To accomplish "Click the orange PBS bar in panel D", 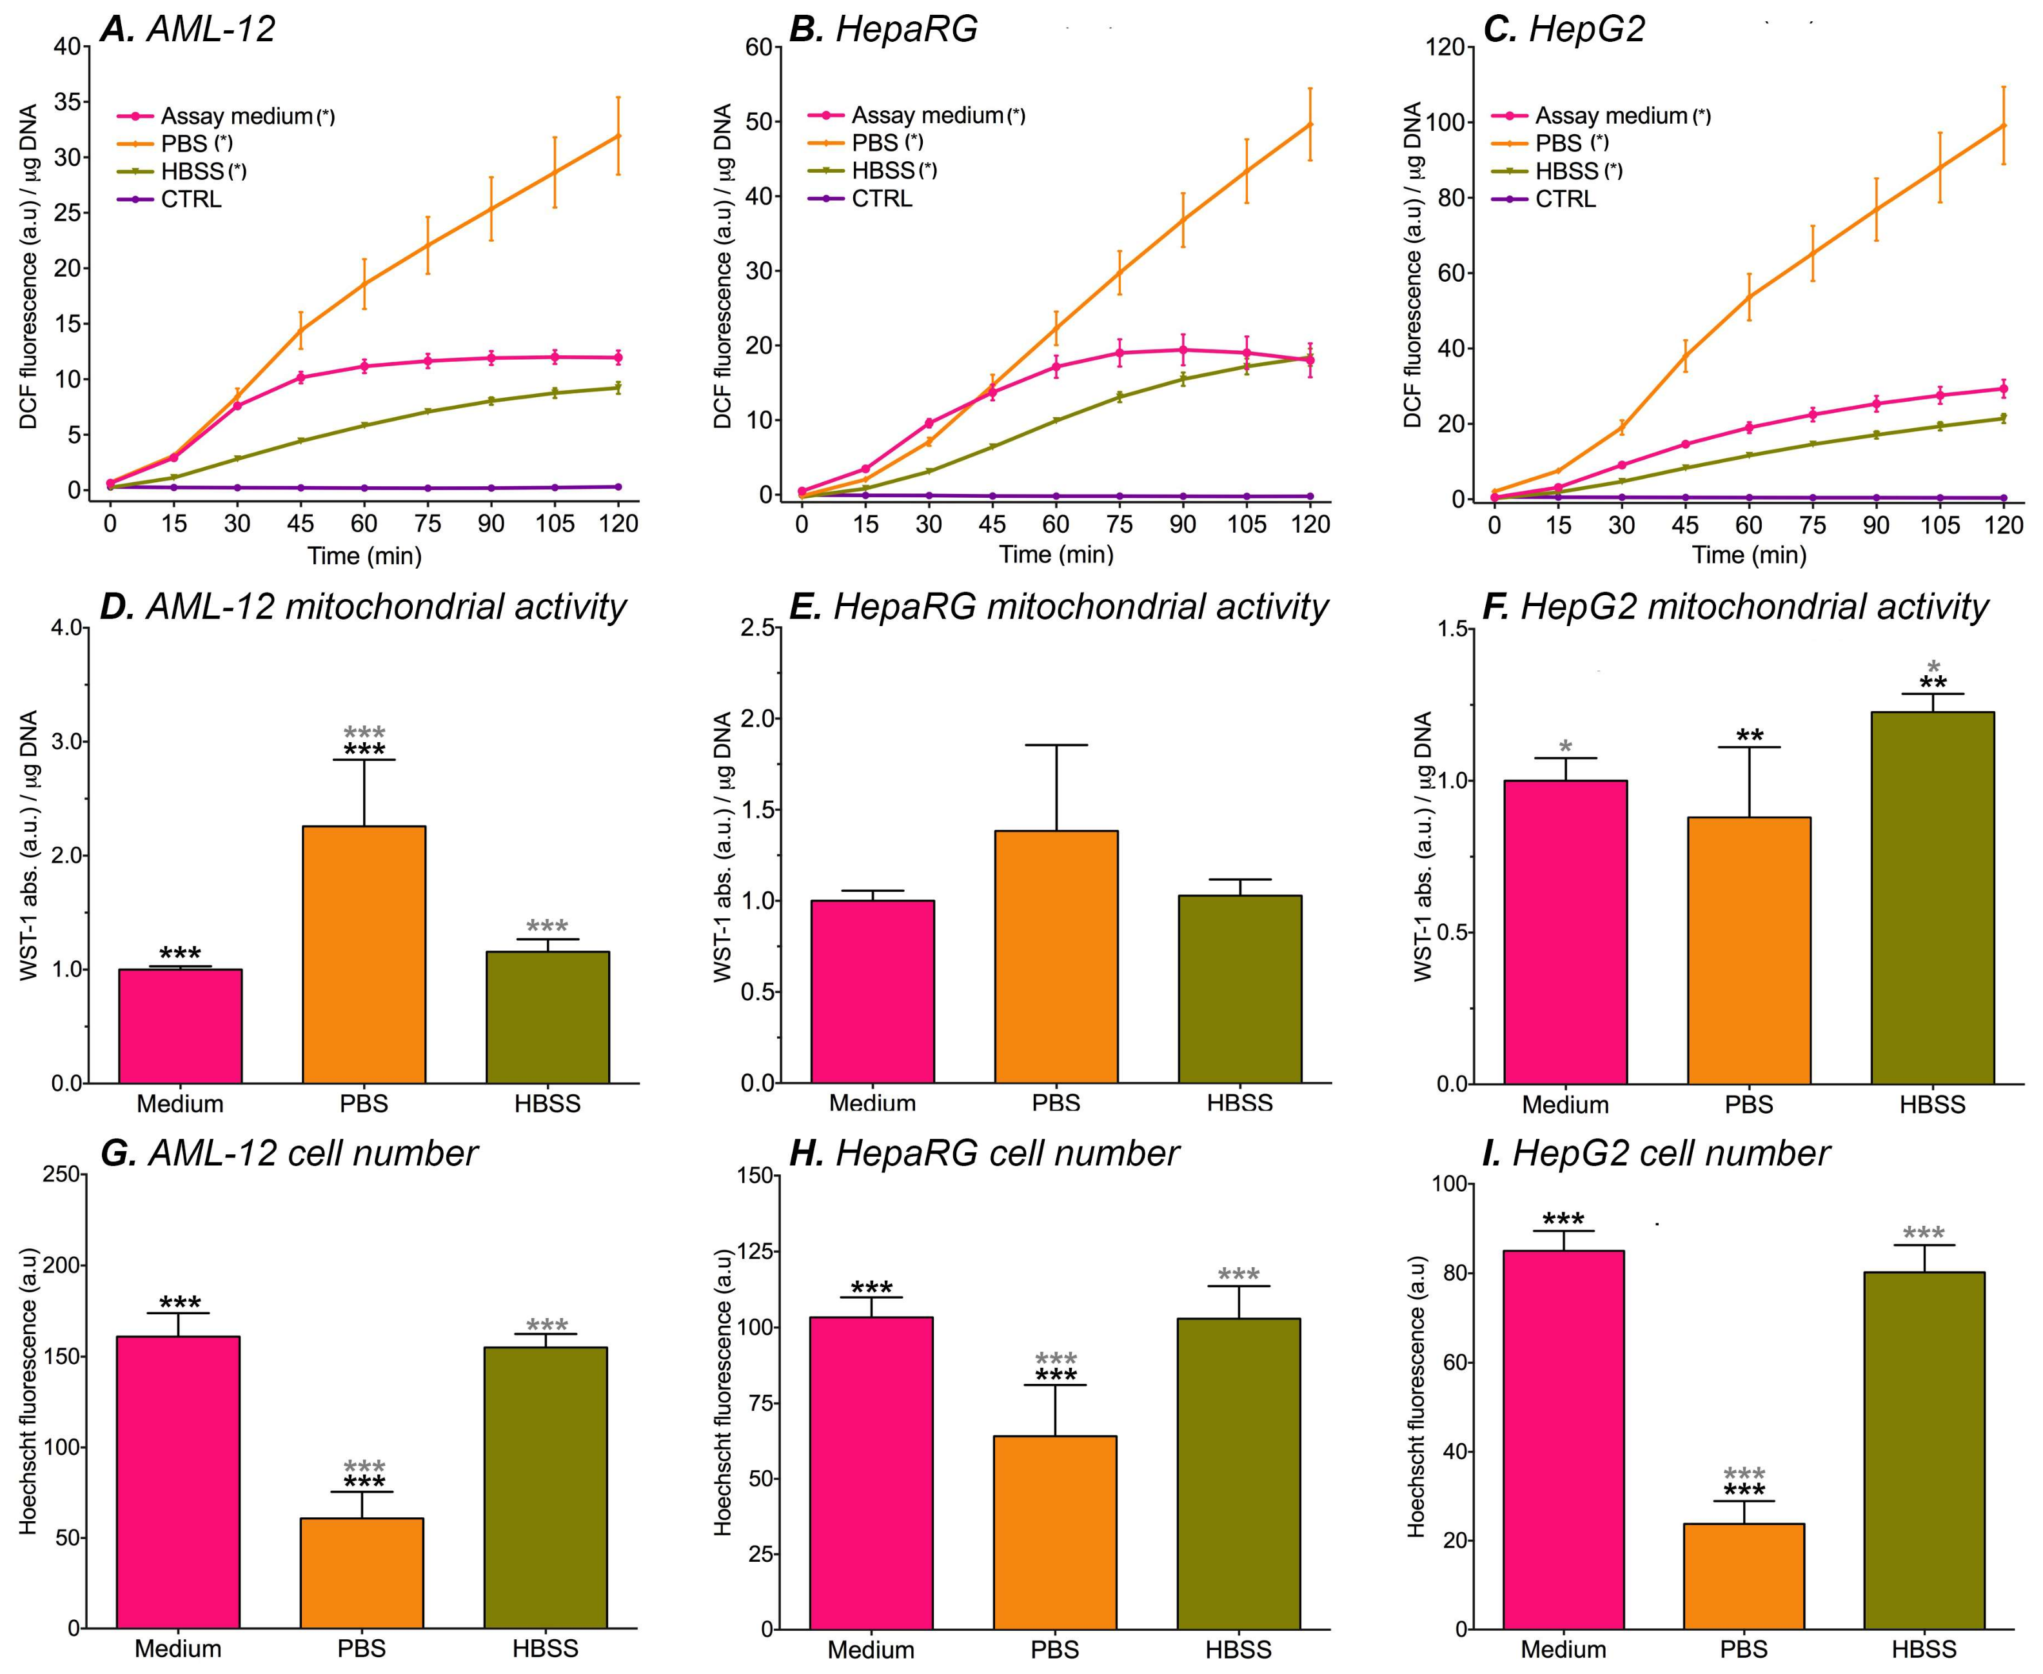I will [x=364, y=954].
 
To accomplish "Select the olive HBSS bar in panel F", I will [x=1932, y=897].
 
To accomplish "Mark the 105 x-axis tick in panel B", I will [x=1247, y=524].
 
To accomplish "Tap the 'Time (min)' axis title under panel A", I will [x=364, y=555].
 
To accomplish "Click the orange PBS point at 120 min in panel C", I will [x=2004, y=125].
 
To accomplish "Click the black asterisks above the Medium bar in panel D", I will [x=181, y=954].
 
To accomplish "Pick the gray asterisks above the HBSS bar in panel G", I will [x=547, y=1326].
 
